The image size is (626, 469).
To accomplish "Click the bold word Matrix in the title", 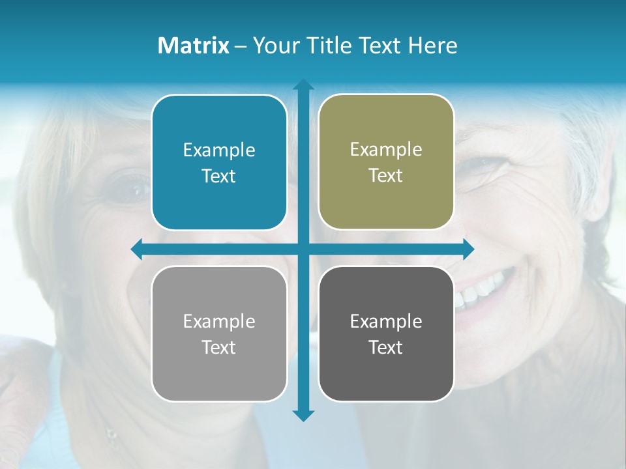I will point(193,46).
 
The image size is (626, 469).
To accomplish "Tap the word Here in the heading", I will point(432,46).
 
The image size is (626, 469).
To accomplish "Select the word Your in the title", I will point(273,46).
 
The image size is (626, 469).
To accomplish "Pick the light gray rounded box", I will point(219,378).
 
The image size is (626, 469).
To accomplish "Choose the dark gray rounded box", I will point(386,378).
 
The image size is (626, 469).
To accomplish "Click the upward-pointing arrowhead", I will point(303,85).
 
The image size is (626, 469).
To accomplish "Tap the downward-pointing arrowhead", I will point(303,415).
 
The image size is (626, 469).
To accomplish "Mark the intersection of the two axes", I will point(303,249).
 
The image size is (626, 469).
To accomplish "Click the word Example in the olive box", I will point(386,150).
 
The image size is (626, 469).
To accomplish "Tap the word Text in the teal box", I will point(219,177).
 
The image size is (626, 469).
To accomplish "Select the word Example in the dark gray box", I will point(386,321).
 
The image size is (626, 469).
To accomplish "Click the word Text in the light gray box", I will point(219,347).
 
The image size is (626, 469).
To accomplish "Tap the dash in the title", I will point(241,46).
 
